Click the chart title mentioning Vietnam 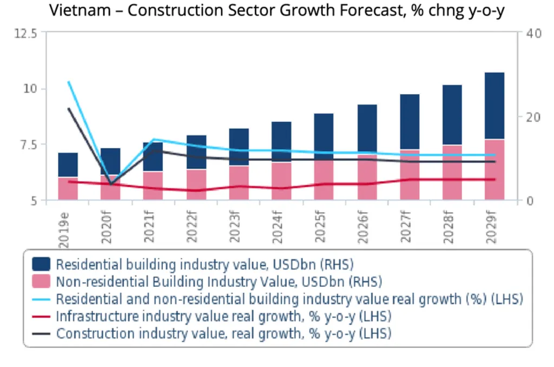[276, 10]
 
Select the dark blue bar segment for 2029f [494, 106]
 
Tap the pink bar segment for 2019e [68, 188]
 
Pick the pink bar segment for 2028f [452, 172]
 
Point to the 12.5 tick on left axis [25, 34]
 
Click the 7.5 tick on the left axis [27, 145]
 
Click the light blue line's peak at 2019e [69, 82]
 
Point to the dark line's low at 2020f [111, 184]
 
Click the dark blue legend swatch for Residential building [41, 264]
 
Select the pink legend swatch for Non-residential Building [41, 281]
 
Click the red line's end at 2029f [494, 180]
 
